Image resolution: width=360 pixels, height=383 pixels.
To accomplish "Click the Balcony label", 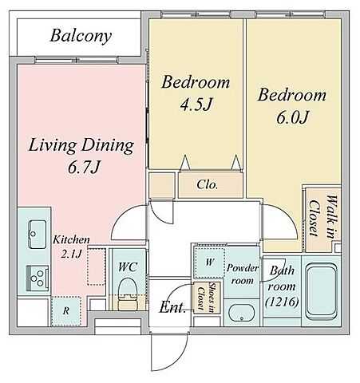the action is point(81,36).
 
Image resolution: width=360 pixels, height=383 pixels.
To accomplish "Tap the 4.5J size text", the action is point(196,104).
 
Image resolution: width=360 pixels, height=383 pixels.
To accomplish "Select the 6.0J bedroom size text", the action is point(292,117).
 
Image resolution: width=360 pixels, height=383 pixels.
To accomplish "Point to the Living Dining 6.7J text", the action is point(81,156).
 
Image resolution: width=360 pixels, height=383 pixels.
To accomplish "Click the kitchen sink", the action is point(38,234).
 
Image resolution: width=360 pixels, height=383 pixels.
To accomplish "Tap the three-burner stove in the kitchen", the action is point(38,278).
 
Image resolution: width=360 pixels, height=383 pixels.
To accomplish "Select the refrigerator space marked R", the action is point(66,311).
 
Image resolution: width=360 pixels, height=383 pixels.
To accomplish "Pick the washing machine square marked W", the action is point(209,263).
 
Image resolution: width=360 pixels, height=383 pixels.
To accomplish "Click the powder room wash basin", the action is point(242,313).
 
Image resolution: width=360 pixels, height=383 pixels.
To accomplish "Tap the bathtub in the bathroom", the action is point(322,290).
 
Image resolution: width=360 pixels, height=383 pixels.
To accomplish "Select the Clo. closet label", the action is point(208,184).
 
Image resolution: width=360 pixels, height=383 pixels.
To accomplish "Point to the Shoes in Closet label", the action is point(207,298).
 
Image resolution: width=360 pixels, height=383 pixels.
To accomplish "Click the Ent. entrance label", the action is point(172,308).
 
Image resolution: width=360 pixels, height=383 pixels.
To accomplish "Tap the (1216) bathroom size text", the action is point(282,302).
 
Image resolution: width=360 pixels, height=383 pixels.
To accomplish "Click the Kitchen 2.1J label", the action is point(71,247).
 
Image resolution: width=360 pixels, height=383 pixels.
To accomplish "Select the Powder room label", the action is point(243,274).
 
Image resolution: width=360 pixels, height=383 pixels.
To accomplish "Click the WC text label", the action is point(128,267).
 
